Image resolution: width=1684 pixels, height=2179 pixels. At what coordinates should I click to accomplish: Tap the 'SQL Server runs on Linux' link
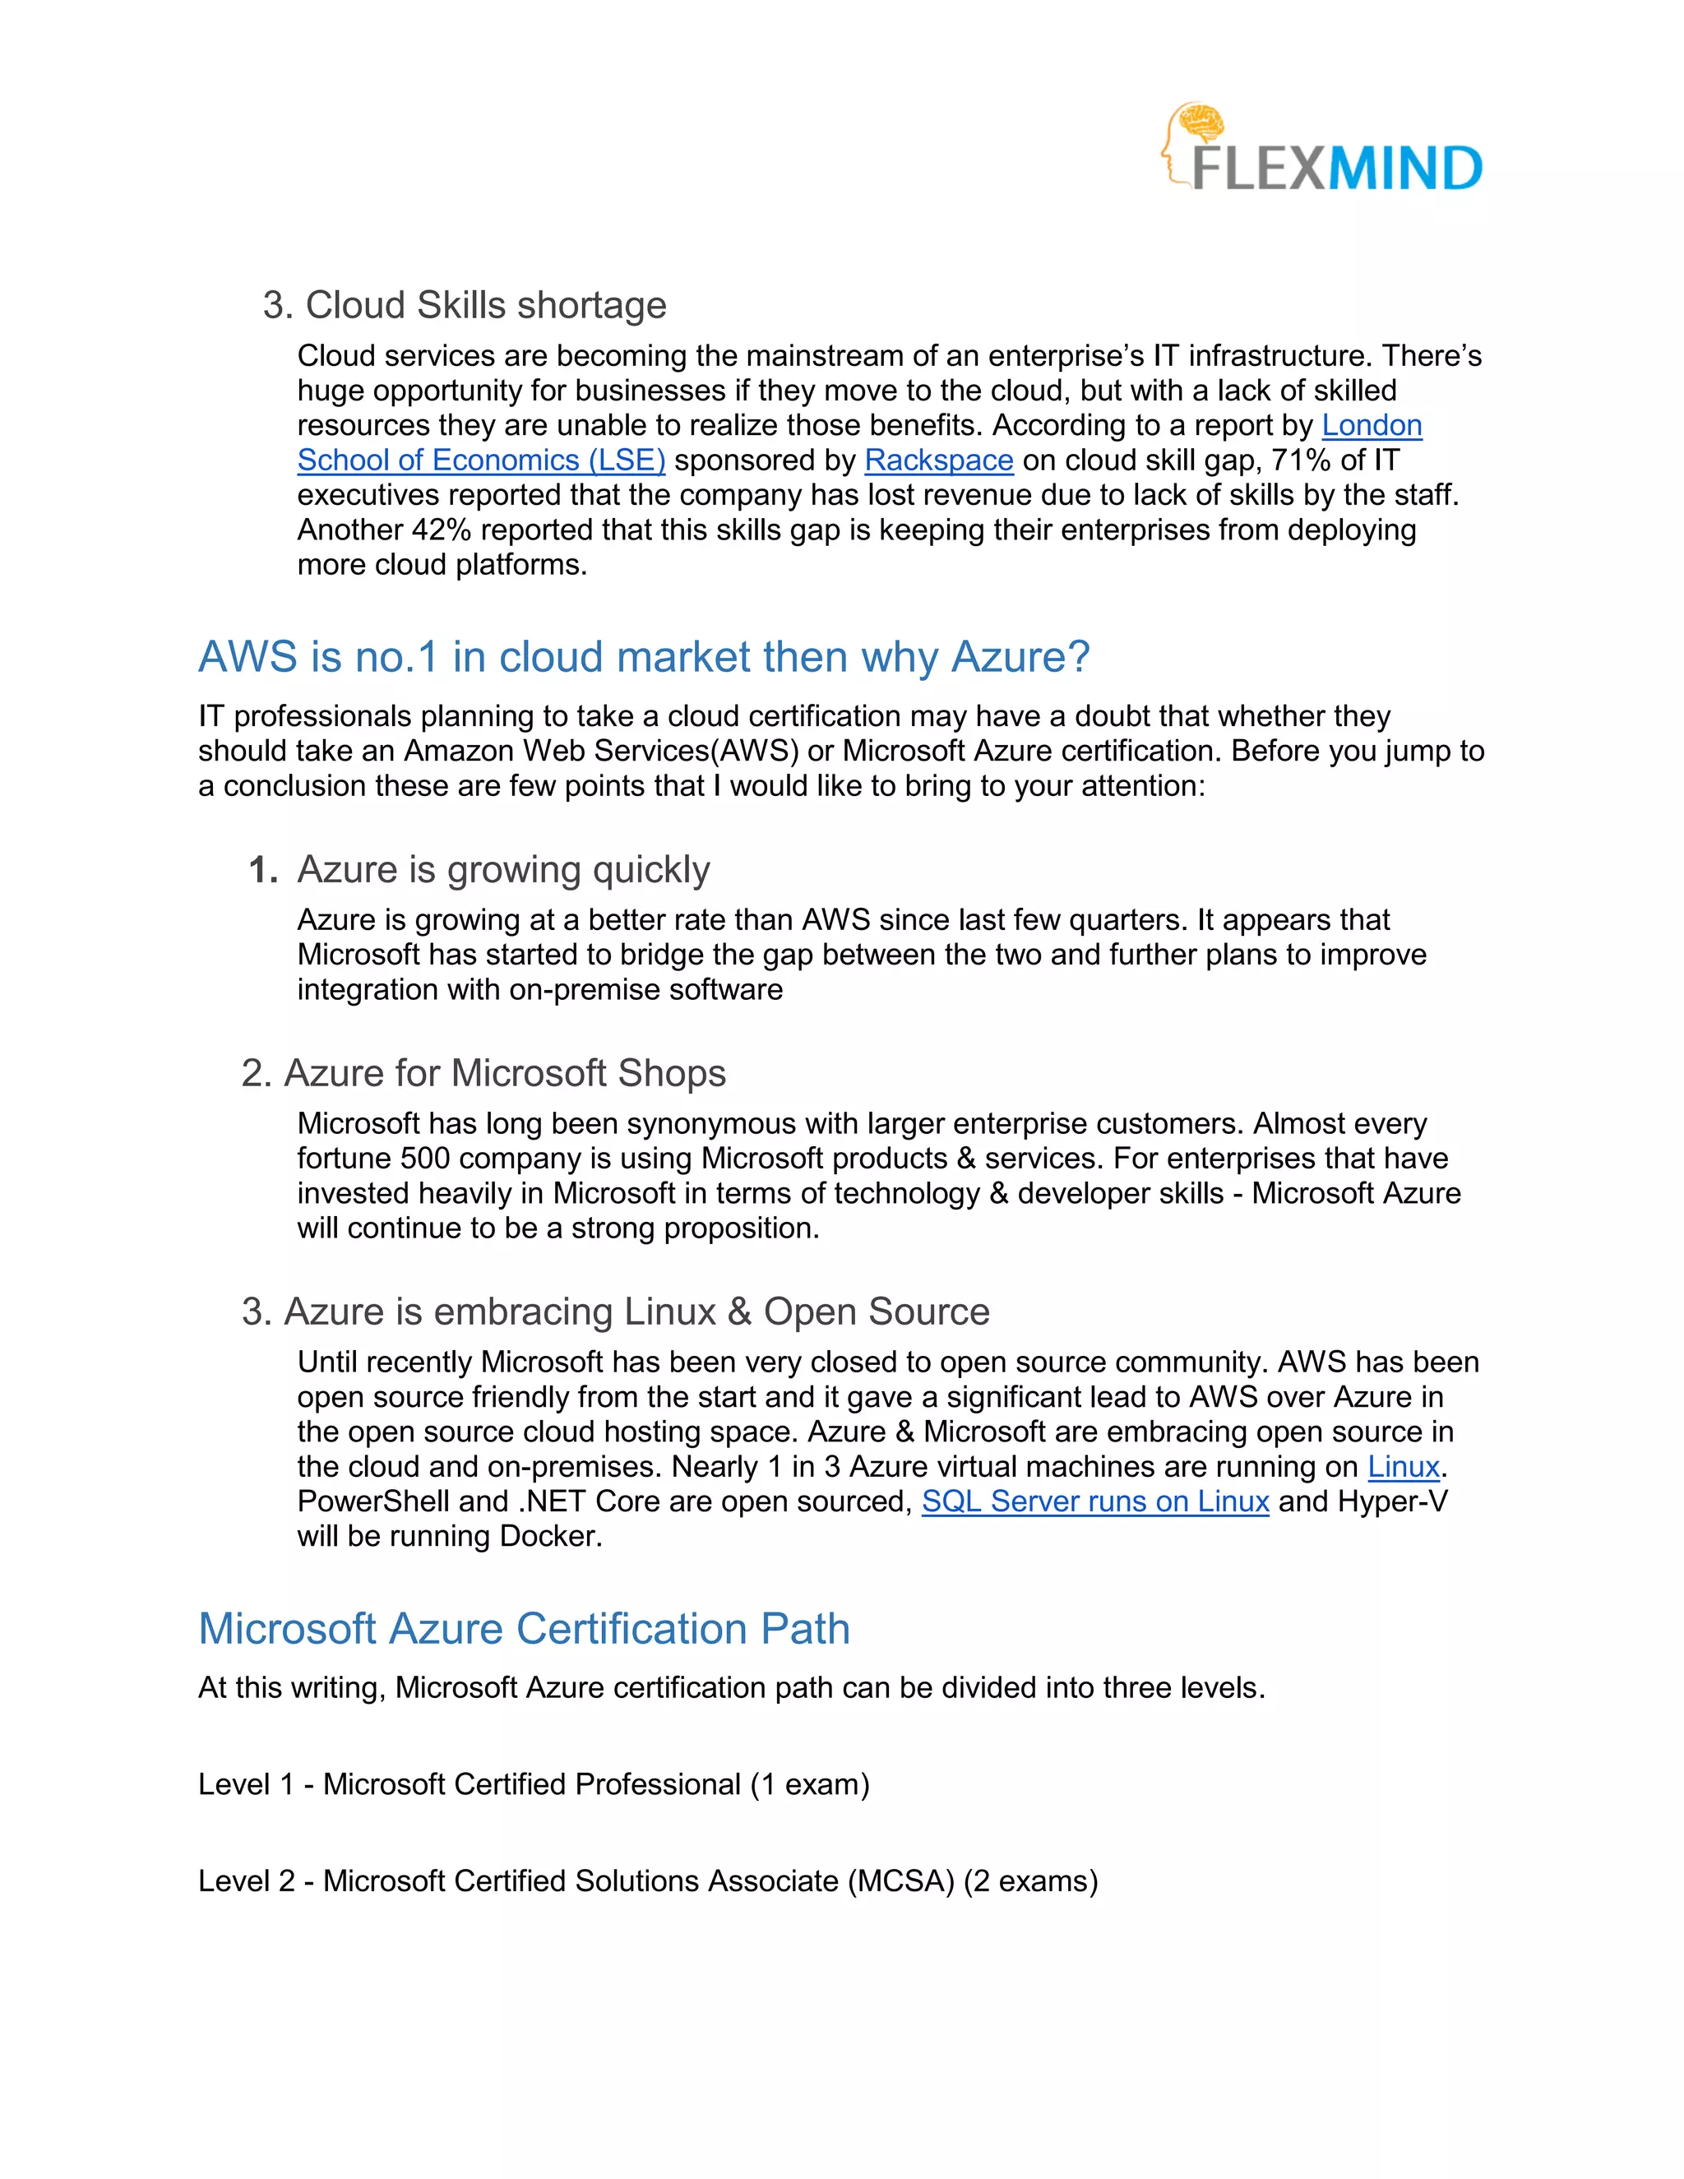click(x=1094, y=1501)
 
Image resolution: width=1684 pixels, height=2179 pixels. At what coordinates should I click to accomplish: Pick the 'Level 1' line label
click(x=245, y=1784)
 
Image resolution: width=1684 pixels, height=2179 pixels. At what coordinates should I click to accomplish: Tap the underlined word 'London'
click(x=1371, y=425)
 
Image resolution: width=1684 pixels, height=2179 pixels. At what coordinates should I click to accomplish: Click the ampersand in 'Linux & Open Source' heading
click(x=739, y=1312)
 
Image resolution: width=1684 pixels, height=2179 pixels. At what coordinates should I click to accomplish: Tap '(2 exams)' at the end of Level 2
click(x=1030, y=1881)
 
